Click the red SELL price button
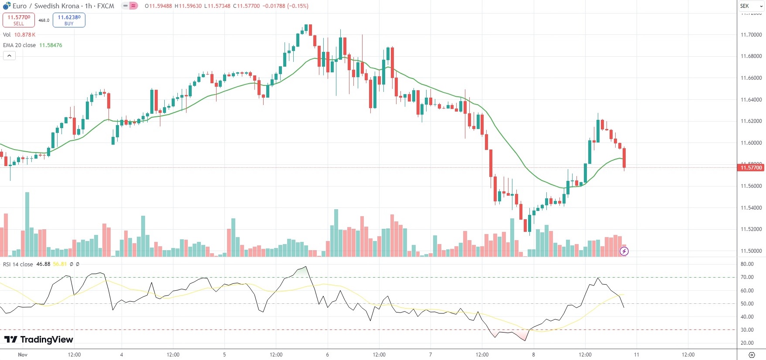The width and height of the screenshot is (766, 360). pyautogui.click(x=19, y=20)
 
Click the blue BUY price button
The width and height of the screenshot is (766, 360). pyautogui.click(x=69, y=20)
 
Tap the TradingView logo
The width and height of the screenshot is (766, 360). pyautogui.click(x=39, y=340)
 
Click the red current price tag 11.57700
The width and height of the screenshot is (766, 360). pyautogui.click(x=751, y=168)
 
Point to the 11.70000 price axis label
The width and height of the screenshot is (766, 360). pyautogui.click(x=751, y=35)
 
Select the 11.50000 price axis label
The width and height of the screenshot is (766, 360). pyautogui.click(x=751, y=251)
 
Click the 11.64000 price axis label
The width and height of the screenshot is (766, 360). pyautogui.click(x=751, y=100)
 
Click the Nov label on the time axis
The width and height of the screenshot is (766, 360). pyautogui.click(x=23, y=355)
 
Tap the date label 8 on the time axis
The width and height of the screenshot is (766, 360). pyautogui.click(x=533, y=355)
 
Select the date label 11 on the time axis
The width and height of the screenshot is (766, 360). pyautogui.click(x=636, y=355)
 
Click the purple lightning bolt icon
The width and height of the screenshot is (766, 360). pyautogui.click(x=624, y=251)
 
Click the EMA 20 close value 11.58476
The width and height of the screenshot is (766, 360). pyautogui.click(x=51, y=45)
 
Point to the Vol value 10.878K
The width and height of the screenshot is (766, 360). pyautogui.click(x=25, y=35)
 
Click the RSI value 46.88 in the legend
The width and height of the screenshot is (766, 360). pyautogui.click(x=43, y=264)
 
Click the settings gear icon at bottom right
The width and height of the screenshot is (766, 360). pyautogui.click(x=751, y=355)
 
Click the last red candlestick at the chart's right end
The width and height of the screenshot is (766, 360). pyautogui.click(x=624, y=158)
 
